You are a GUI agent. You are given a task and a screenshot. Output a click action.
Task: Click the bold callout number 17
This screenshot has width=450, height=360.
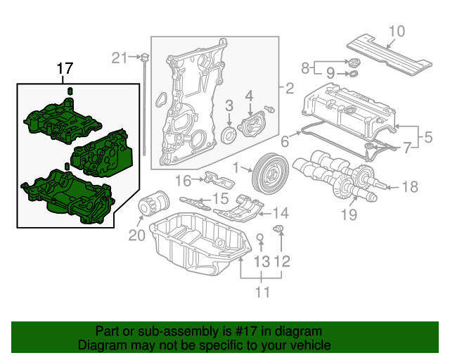click(x=65, y=69)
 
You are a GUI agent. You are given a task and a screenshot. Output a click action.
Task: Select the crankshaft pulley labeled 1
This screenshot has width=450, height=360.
click(x=270, y=173)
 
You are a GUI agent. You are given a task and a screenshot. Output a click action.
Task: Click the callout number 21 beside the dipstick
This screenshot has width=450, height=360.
click(x=119, y=58)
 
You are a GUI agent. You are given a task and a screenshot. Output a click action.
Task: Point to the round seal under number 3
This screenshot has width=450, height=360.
click(x=229, y=135)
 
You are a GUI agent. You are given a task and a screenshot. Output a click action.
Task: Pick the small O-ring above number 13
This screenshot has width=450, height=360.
click(x=259, y=238)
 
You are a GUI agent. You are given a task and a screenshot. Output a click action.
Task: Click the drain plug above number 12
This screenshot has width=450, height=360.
click(x=278, y=229)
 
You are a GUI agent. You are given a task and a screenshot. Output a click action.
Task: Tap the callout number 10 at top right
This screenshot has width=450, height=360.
click(x=397, y=32)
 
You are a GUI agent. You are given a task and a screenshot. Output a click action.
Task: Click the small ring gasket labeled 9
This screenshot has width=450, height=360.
click(x=354, y=74)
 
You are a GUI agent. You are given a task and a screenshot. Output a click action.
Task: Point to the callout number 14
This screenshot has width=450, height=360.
click(x=281, y=213)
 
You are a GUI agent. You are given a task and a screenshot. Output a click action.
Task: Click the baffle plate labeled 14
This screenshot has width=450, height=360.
click(x=239, y=209)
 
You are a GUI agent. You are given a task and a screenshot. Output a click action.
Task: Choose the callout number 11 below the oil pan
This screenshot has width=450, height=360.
click(x=262, y=292)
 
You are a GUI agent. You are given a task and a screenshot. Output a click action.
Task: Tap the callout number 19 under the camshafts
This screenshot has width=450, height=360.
click(x=349, y=214)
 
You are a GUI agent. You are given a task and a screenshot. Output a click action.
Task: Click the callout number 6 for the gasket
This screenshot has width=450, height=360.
click(x=284, y=141)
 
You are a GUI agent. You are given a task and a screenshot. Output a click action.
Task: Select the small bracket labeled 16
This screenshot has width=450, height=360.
click(x=219, y=179)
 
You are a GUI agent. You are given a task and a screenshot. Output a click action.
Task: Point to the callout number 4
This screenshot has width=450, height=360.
click(x=249, y=96)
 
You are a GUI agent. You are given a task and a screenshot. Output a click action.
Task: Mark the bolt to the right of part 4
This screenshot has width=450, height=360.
click(x=270, y=109)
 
